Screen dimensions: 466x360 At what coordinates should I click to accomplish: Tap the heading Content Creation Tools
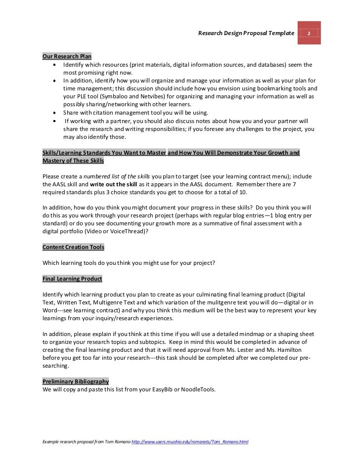74,247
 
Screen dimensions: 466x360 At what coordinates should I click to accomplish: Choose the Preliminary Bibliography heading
76,382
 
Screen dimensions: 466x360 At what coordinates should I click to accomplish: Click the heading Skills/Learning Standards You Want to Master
104,153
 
